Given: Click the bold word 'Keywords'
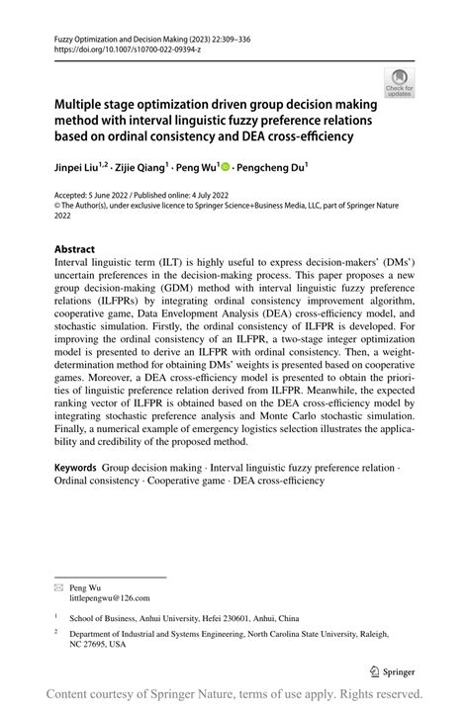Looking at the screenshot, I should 74,466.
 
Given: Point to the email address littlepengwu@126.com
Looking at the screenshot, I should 110,598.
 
